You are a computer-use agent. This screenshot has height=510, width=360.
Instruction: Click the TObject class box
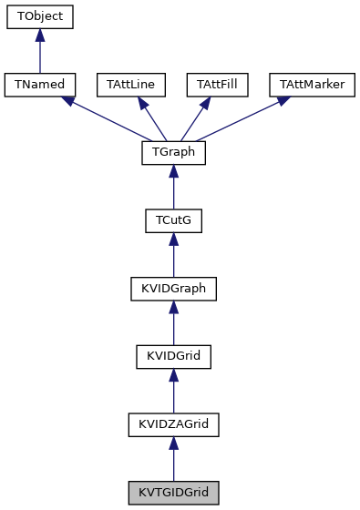click(x=39, y=17)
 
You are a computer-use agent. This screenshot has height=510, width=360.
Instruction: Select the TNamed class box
click(x=39, y=85)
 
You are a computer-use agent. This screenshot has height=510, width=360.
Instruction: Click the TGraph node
click(x=173, y=153)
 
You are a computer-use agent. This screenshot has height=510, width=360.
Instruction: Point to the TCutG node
click(x=173, y=220)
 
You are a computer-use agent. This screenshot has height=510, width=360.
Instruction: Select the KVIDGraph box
click(x=173, y=289)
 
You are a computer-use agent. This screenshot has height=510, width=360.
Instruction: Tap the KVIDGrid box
click(x=173, y=356)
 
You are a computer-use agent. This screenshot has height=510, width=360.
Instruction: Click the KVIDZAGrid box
click(x=173, y=424)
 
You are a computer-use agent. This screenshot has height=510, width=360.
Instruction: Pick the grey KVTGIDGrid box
click(x=173, y=493)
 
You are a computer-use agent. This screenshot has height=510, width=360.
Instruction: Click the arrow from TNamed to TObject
click(x=39, y=51)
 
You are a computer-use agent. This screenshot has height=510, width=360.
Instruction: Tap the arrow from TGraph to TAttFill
click(x=195, y=118)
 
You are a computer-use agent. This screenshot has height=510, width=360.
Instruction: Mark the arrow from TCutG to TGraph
click(x=173, y=187)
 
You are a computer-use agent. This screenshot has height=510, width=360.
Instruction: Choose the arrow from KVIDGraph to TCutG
click(x=173, y=255)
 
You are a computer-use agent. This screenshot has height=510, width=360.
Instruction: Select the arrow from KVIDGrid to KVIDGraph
click(x=173, y=322)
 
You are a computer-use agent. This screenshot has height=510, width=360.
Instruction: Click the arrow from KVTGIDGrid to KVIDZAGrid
click(x=173, y=458)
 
